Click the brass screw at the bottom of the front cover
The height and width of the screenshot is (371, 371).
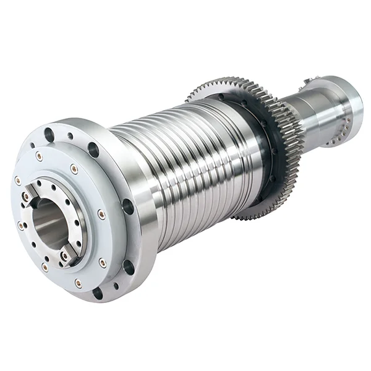point(78,283)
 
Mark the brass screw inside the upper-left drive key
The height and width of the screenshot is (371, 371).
point(27,197)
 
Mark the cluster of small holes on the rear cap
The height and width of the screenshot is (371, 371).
point(337,137)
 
